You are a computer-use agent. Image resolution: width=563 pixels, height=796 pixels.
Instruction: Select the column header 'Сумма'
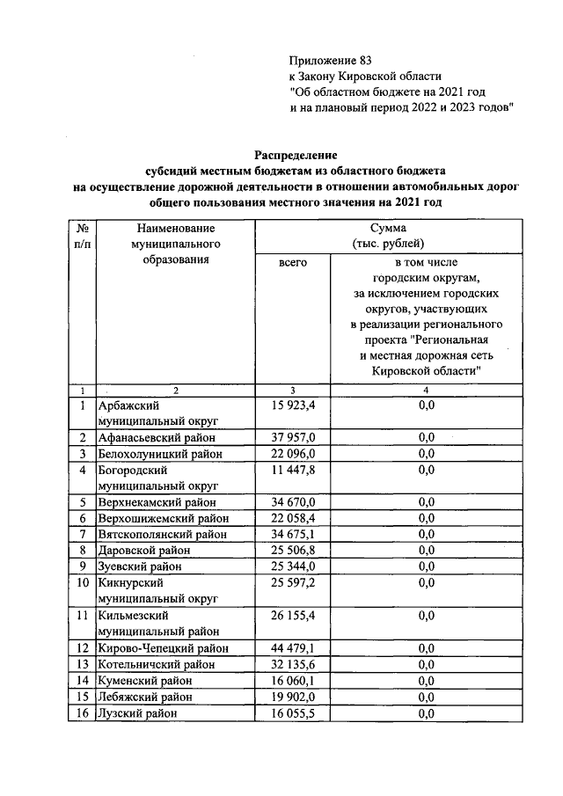(388, 227)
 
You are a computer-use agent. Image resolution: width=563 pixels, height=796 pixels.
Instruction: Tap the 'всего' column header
(292, 262)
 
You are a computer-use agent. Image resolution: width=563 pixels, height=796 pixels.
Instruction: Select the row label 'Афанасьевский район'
(157, 437)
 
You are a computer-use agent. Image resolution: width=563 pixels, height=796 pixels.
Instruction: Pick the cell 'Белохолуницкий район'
(159, 454)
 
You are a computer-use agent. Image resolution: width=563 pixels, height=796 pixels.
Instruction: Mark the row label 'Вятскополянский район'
(163, 534)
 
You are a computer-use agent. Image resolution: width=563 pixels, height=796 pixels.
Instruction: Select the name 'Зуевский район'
(140, 566)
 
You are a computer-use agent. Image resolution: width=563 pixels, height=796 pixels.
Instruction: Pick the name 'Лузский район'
(138, 713)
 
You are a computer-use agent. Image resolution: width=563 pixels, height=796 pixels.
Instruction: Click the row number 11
(81, 616)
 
